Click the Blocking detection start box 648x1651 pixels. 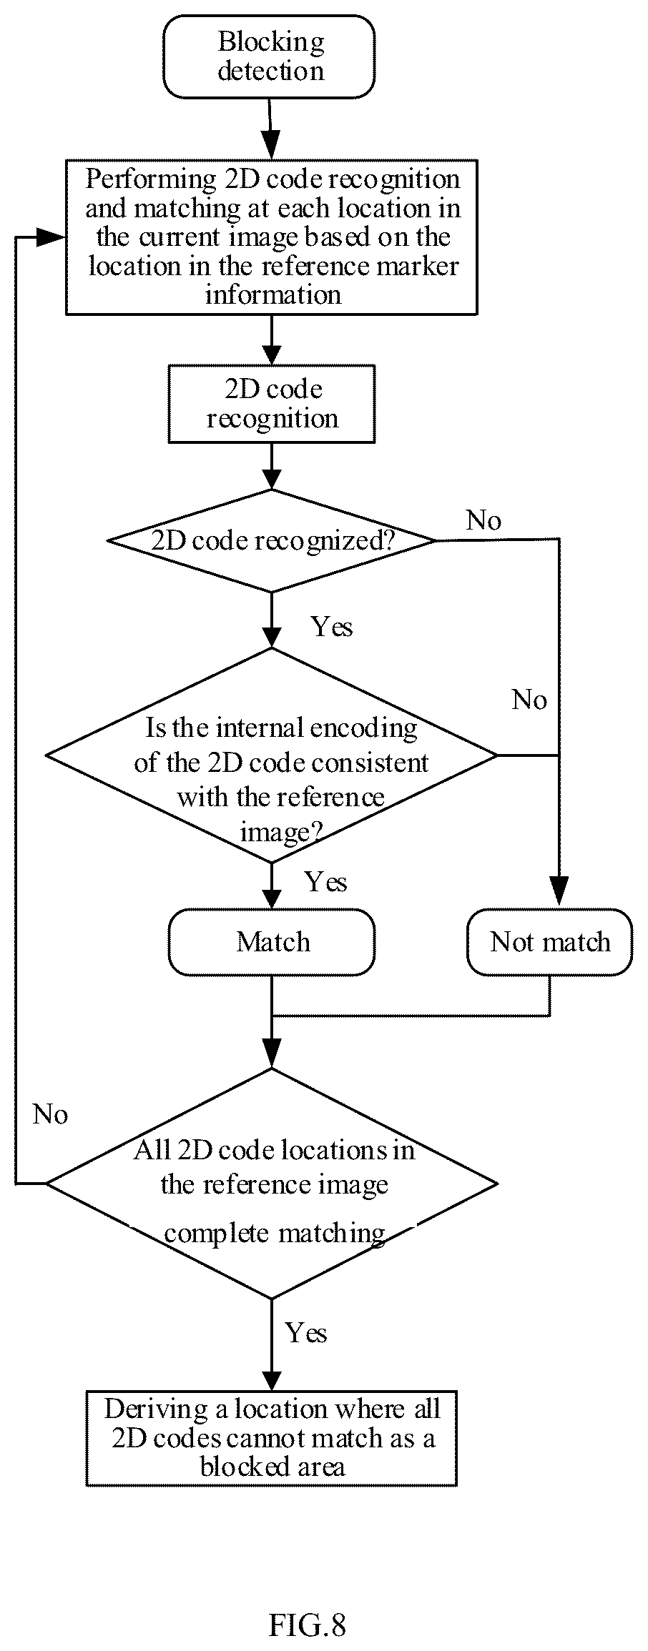[269, 56]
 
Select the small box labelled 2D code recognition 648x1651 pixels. [272, 404]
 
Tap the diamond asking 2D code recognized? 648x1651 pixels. [272, 540]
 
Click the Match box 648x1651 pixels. [272, 942]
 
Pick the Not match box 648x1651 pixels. [550, 942]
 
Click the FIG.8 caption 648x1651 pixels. [308, 1605]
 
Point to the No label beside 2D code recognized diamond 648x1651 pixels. [484, 520]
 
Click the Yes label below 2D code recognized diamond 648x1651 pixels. [332, 627]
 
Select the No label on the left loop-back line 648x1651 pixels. [51, 1114]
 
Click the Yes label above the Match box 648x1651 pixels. [326, 882]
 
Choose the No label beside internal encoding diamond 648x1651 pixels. [529, 700]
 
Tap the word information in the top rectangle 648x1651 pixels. [273, 294]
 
